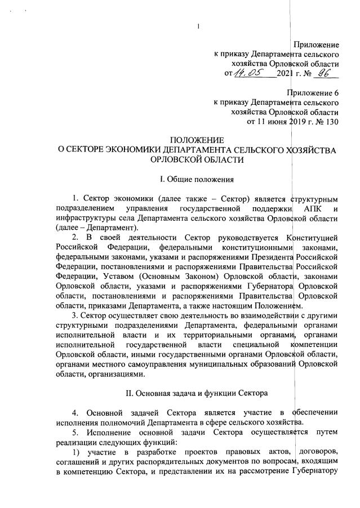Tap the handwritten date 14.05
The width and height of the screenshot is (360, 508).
251,73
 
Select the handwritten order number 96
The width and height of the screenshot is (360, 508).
323,73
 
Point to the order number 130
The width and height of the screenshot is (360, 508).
331,123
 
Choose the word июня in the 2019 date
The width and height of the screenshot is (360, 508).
276,123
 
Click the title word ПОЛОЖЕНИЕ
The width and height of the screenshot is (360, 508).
197,140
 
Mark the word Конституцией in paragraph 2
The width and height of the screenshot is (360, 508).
312,239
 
